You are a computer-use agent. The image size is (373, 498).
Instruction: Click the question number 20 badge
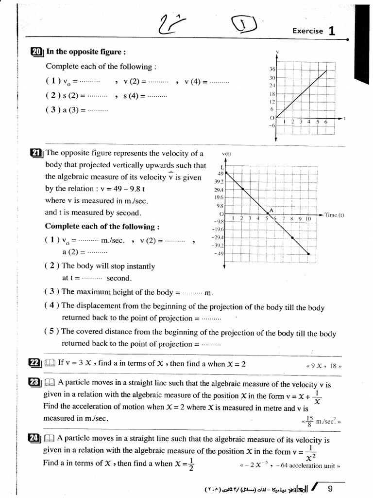tap(36, 52)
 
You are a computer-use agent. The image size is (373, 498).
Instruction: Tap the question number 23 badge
tap(34, 383)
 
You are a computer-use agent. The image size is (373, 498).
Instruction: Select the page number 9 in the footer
tap(330, 489)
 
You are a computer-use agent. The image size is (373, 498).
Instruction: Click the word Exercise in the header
tap(307, 31)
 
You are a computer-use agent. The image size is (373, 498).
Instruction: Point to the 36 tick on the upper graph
tap(272, 69)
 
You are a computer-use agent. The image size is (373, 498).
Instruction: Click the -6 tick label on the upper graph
tap(271, 126)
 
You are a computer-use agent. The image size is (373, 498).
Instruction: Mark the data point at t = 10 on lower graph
tap(309, 253)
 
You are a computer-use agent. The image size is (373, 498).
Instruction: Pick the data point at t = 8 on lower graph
tap(292, 237)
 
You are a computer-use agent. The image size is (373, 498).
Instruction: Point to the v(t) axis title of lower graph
tap(226, 154)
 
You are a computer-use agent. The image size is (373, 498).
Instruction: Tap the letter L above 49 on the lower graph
tap(221, 167)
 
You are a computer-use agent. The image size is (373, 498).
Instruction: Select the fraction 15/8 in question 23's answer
tap(309, 420)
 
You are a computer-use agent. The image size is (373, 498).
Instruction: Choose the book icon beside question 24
tap(50, 440)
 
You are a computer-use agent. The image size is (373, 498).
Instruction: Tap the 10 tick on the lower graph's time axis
tap(308, 219)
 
